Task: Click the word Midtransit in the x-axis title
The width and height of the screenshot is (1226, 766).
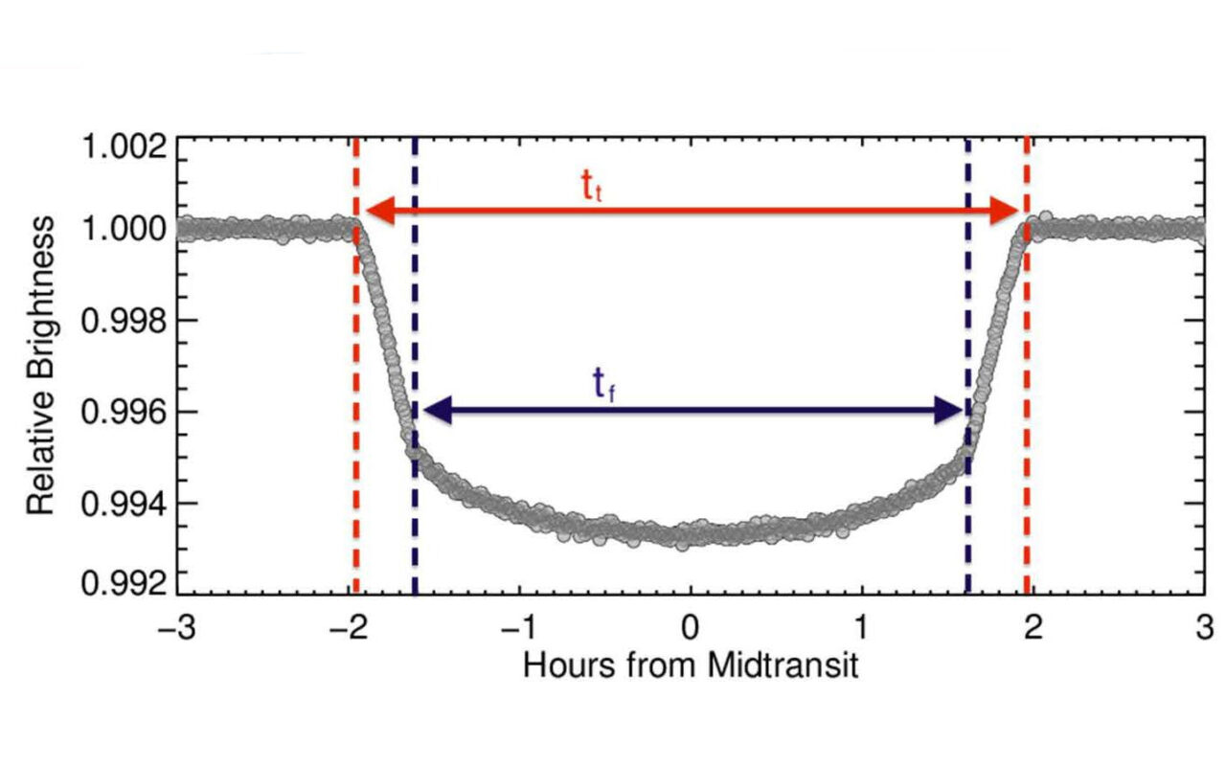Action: (x=783, y=665)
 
